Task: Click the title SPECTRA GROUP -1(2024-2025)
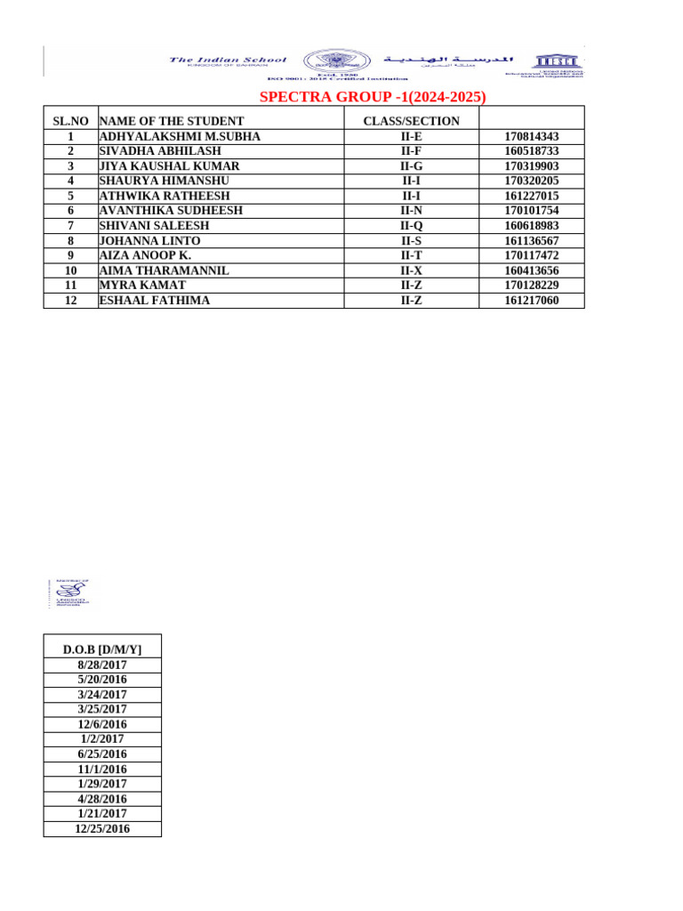tap(373, 97)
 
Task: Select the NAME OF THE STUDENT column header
tap(171, 121)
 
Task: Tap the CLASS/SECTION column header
tap(411, 121)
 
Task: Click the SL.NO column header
tap(70, 121)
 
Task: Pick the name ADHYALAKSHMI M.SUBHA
tap(180, 136)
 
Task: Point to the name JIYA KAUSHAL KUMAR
tap(169, 166)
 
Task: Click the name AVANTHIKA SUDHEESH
tap(171, 211)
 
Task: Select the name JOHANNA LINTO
tap(149, 241)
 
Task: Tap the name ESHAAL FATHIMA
tap(155, 301)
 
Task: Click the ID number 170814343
tap(531, 136)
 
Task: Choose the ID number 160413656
tap(531, 270)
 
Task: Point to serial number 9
tap(70, 255)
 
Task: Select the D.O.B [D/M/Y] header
tap(102, 649)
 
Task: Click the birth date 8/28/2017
tap(102, 665)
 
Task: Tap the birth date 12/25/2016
tap(102, 828)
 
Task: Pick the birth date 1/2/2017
tap(102, 739)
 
